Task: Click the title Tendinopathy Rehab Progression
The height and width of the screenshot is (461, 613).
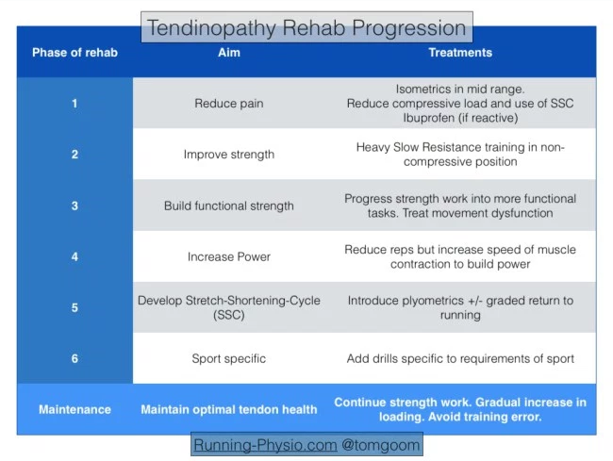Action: pos(306,27)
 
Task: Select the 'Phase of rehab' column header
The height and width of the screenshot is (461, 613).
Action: pos(75,53)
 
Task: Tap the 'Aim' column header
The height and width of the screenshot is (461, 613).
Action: pos(229,53)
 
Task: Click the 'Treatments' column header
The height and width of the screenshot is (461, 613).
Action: pos(460,53)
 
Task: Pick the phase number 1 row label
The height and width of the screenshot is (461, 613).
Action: pos(75,104)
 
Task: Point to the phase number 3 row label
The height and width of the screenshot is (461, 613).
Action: pos(75,206)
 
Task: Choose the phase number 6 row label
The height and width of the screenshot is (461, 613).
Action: pos(75,359)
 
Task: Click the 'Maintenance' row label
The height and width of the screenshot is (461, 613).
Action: pos(75,410)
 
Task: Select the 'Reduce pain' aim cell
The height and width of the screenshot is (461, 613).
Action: pos(229,104)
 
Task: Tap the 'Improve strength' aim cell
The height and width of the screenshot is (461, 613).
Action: pos(229,155)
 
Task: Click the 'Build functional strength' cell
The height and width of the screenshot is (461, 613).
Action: pos(229,206)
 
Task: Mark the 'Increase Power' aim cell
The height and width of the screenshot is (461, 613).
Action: pos(229,256)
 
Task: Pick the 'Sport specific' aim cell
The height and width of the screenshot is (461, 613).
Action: pos(229,359)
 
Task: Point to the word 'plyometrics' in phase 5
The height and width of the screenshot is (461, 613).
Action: pos(450,301)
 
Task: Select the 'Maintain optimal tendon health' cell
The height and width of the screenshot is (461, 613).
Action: pos(229,410)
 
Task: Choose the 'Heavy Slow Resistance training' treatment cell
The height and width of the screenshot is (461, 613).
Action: pos(460,155)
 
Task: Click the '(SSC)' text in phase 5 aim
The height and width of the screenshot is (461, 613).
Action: pos(229,316)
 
